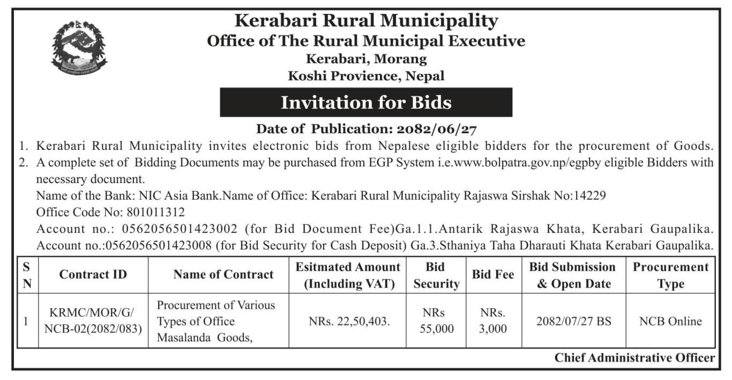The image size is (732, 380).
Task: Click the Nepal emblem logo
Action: tap(79, 48)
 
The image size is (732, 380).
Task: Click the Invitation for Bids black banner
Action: tap(366, 102)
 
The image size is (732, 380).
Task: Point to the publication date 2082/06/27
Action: tap(437, 129)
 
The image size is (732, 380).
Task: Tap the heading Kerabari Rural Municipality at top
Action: tap(367, 21)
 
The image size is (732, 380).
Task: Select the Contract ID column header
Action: tap(93, 275)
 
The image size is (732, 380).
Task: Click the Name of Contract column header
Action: tap(223, 275)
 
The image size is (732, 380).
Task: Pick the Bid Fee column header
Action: tap(492, 275)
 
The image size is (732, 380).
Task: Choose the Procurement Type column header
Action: tap(670, 275)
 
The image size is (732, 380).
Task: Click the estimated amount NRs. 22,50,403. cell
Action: tap(349, 322)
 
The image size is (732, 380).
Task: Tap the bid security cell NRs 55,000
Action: tap(437, 321)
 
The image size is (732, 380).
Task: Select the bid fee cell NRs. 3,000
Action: tap(492, 321)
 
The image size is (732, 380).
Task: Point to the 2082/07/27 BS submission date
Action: tap(574, 322)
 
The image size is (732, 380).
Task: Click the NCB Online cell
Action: tap(670, 322)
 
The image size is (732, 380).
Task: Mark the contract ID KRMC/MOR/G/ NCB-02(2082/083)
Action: tap(93, 322)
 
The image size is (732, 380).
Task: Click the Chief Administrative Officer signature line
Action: tap(634, 358)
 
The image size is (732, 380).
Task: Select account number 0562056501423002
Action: tap(180, 229)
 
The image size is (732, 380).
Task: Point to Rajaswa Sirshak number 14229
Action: tap(591, 196)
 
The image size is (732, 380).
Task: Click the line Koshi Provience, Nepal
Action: tap(367, 76)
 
